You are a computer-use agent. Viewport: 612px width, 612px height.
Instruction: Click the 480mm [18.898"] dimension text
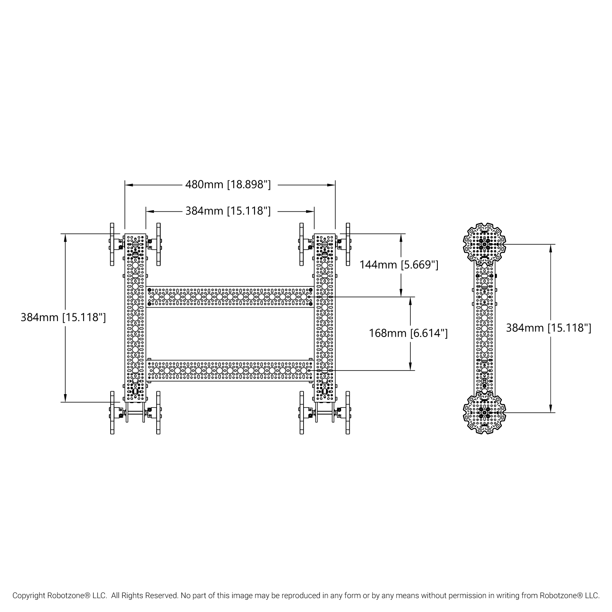tap(228, 184)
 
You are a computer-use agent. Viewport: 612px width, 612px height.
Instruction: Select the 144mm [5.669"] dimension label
tap(399, 265)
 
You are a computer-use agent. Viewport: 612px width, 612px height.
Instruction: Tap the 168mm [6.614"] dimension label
tap(408, 333)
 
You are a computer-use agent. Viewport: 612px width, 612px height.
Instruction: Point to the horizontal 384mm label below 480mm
tap(228, 211)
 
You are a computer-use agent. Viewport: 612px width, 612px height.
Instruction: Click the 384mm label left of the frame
tap(63, 317)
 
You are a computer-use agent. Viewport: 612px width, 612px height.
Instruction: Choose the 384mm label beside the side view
tap(548, 328)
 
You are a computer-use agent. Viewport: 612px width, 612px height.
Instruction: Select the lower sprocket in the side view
tap(484, 412)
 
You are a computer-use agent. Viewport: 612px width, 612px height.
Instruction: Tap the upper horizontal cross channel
tap(230, 297)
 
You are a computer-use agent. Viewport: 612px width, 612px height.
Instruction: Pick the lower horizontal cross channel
tap(230, 370)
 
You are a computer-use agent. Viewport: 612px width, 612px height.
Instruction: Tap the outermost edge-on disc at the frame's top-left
tap(112, 244)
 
